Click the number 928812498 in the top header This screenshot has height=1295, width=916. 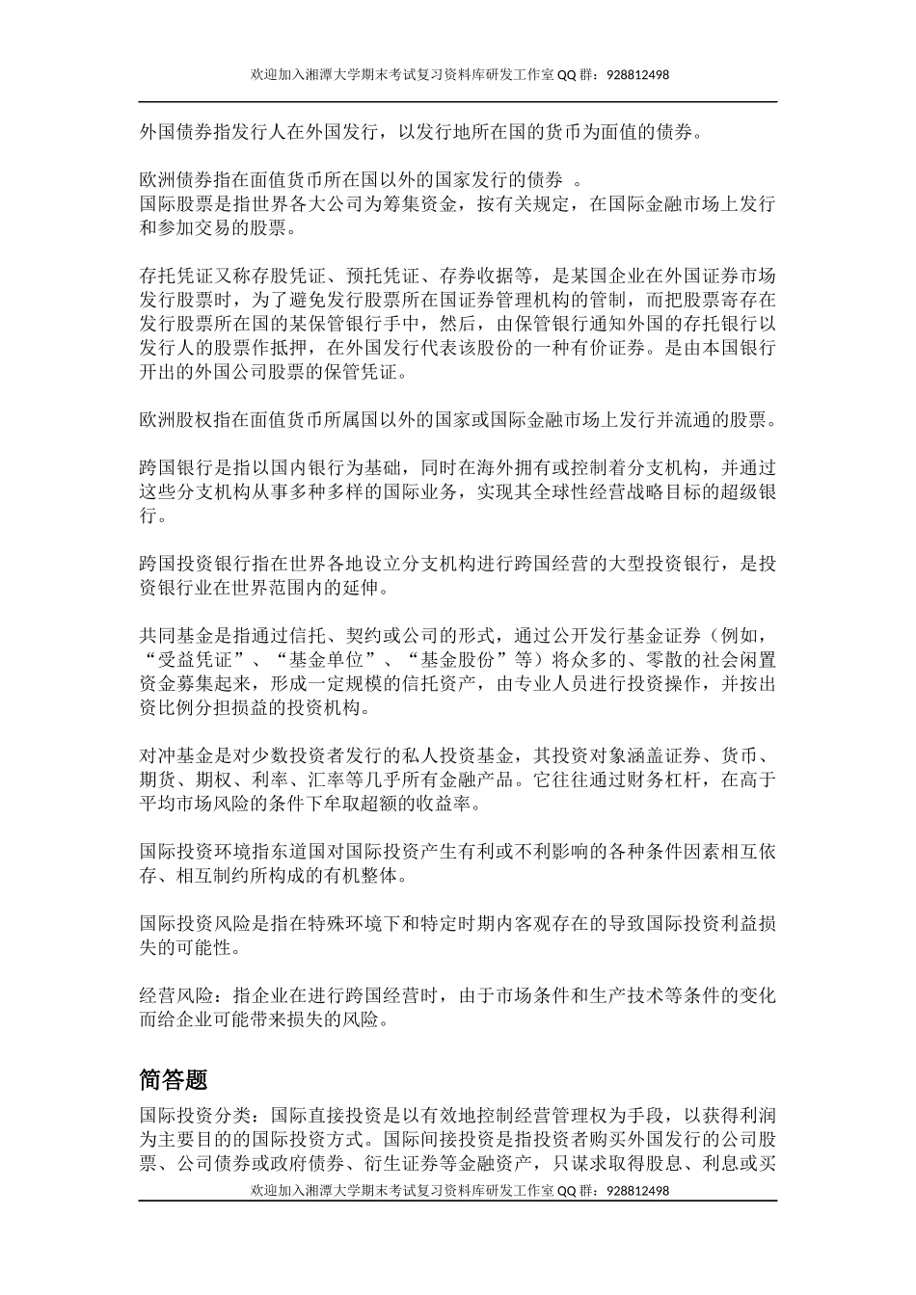pos(638,74)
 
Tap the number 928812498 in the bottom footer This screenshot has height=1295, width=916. pos(638,1191)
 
